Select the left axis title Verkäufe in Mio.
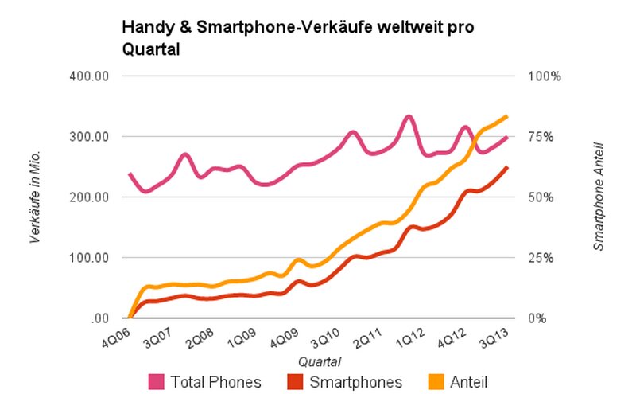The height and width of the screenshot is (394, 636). point(36,197)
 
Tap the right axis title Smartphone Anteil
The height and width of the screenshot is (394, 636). point(599,197)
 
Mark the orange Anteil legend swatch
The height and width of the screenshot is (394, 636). point(436,382)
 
